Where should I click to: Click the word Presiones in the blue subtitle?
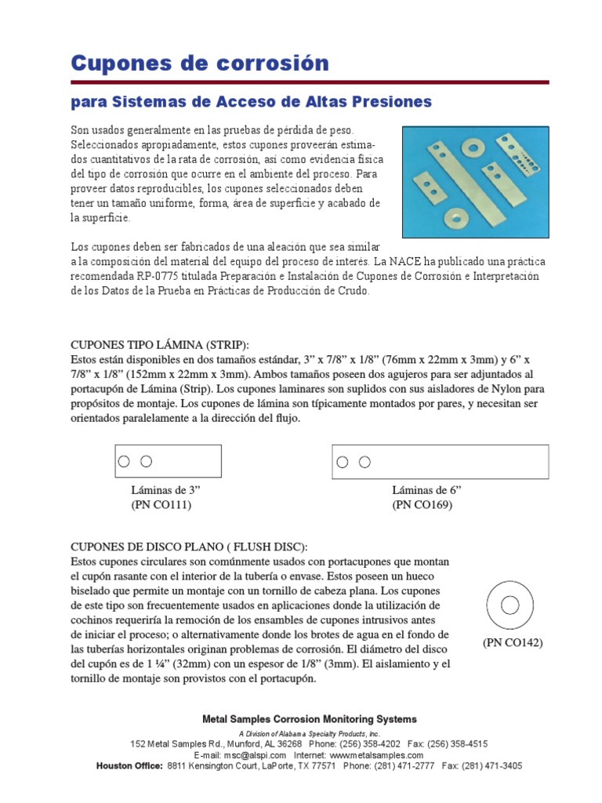click(x=389, y=102)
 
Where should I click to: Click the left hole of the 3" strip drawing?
click(x=124, y=462)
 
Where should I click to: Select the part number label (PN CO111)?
click(x=161, y=505)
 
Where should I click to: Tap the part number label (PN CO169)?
click(x=422, y=505)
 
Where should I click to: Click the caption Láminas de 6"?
click(x=426, y=490)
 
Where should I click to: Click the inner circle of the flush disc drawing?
click(x=509, y=604)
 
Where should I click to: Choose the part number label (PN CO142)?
click(x=513, y=643)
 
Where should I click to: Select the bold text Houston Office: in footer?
click(x=129, y=765)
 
